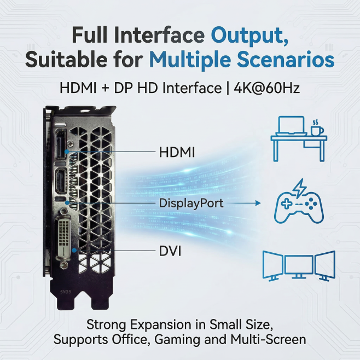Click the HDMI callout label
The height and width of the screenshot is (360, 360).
[177, 152]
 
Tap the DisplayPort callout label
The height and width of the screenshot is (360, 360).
[191, 203]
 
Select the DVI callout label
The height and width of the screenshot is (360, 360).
[170, 251]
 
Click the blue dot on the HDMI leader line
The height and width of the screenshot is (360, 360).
[67, 152]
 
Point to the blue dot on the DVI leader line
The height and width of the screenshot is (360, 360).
[74, 250]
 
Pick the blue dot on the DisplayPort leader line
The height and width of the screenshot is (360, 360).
[67, 202]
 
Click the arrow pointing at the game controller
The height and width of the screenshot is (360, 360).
[244, 203]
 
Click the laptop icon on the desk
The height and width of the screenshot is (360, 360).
[292, 126]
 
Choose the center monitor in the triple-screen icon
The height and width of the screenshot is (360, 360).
[299, 266]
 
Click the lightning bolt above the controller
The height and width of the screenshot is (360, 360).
[299, 188]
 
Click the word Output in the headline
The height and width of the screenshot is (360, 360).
[249, 35]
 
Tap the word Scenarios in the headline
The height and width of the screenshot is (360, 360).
[286, 60]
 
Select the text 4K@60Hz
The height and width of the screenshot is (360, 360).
[266, 88]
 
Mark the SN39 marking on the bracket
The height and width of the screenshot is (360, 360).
[66, 292]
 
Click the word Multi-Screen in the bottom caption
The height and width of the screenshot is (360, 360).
[268, 339]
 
